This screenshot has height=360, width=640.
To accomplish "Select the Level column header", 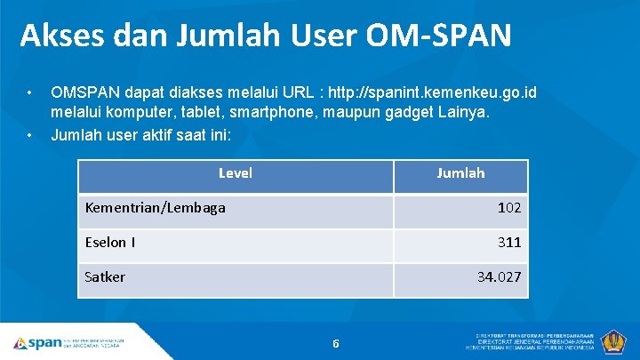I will (x=236, y=173).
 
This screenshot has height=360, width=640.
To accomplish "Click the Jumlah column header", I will (x=460, y=173).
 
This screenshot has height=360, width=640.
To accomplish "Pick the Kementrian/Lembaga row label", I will (x=155, y=208).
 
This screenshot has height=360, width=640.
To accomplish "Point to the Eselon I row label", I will (x=109, y=242).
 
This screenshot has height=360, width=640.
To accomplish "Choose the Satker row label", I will (x=105, y=276).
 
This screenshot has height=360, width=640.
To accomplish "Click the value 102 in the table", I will (x=509, y=208).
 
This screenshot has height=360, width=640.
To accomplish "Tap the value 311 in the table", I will (x=509, y=242).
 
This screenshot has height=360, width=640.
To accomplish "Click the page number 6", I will (x=336, y=343).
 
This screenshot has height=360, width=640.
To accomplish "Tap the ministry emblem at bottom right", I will (x=613, y=341).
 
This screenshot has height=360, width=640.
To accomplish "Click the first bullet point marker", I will (x=30, y=92).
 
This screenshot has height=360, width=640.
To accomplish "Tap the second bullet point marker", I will (x=30, y=135).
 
